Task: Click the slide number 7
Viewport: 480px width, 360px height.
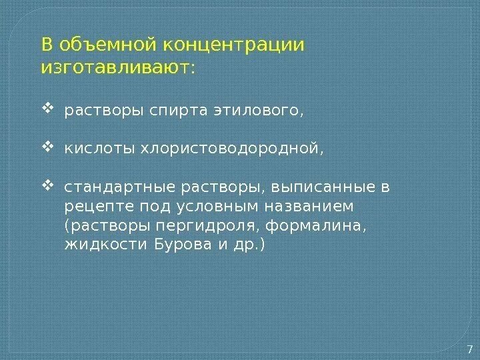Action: coord(469,349)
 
